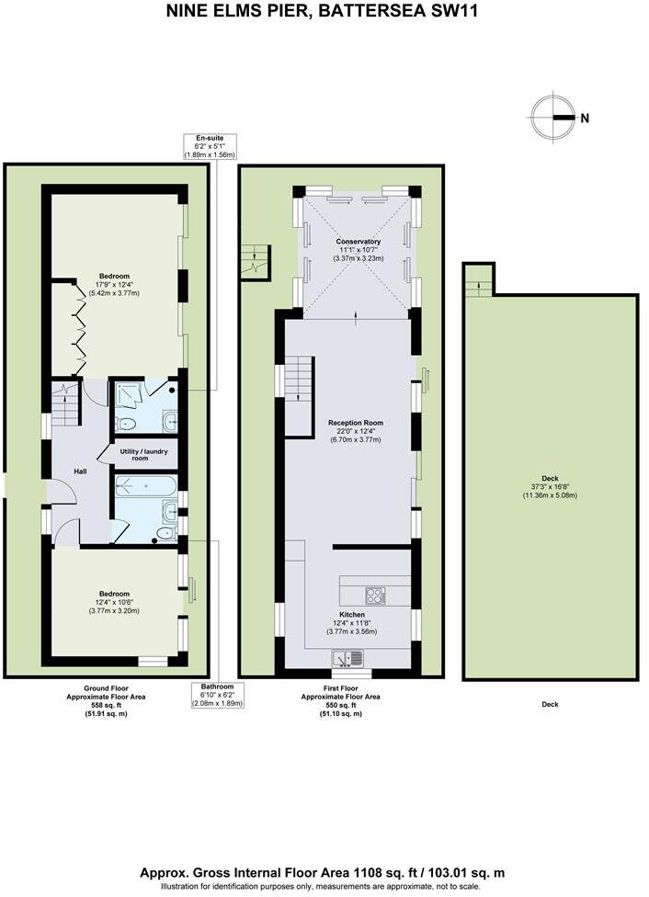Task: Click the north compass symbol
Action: click(554, 118)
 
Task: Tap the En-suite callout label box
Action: click(211, 146)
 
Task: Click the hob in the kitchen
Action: click(376, 596)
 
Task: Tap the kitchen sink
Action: click(349, 658)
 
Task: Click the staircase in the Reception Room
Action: click(300, 396)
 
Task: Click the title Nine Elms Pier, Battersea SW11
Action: click(323, 12)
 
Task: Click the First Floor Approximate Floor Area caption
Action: click(340, 706)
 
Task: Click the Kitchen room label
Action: click(352, 614)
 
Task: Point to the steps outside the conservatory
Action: click(255, 263)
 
